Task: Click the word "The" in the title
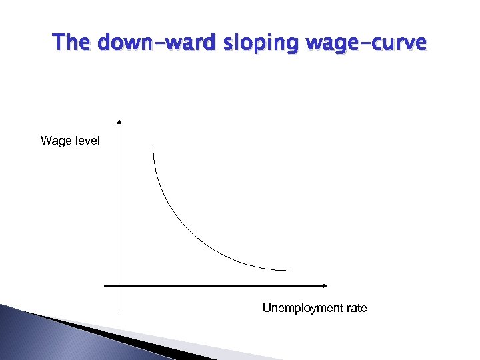tap(72, 43)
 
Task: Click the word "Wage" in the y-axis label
tap(54, 141)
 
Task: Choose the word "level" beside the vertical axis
tap(87, 141)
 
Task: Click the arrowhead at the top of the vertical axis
tap(119, 122)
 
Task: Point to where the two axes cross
tap(119, 285)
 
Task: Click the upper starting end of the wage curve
tap(153, 146)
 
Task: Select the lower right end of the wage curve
tap(289, 271)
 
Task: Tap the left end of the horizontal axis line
tap(105, 285)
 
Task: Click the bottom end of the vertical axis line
tap(119, 311)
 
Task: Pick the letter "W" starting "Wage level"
tap(45, 141)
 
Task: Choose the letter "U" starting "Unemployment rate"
tap(267, 308)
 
